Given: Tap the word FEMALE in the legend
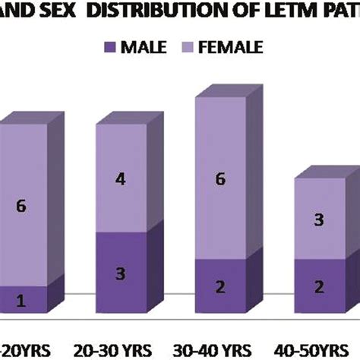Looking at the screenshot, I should (x=236, y=48).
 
